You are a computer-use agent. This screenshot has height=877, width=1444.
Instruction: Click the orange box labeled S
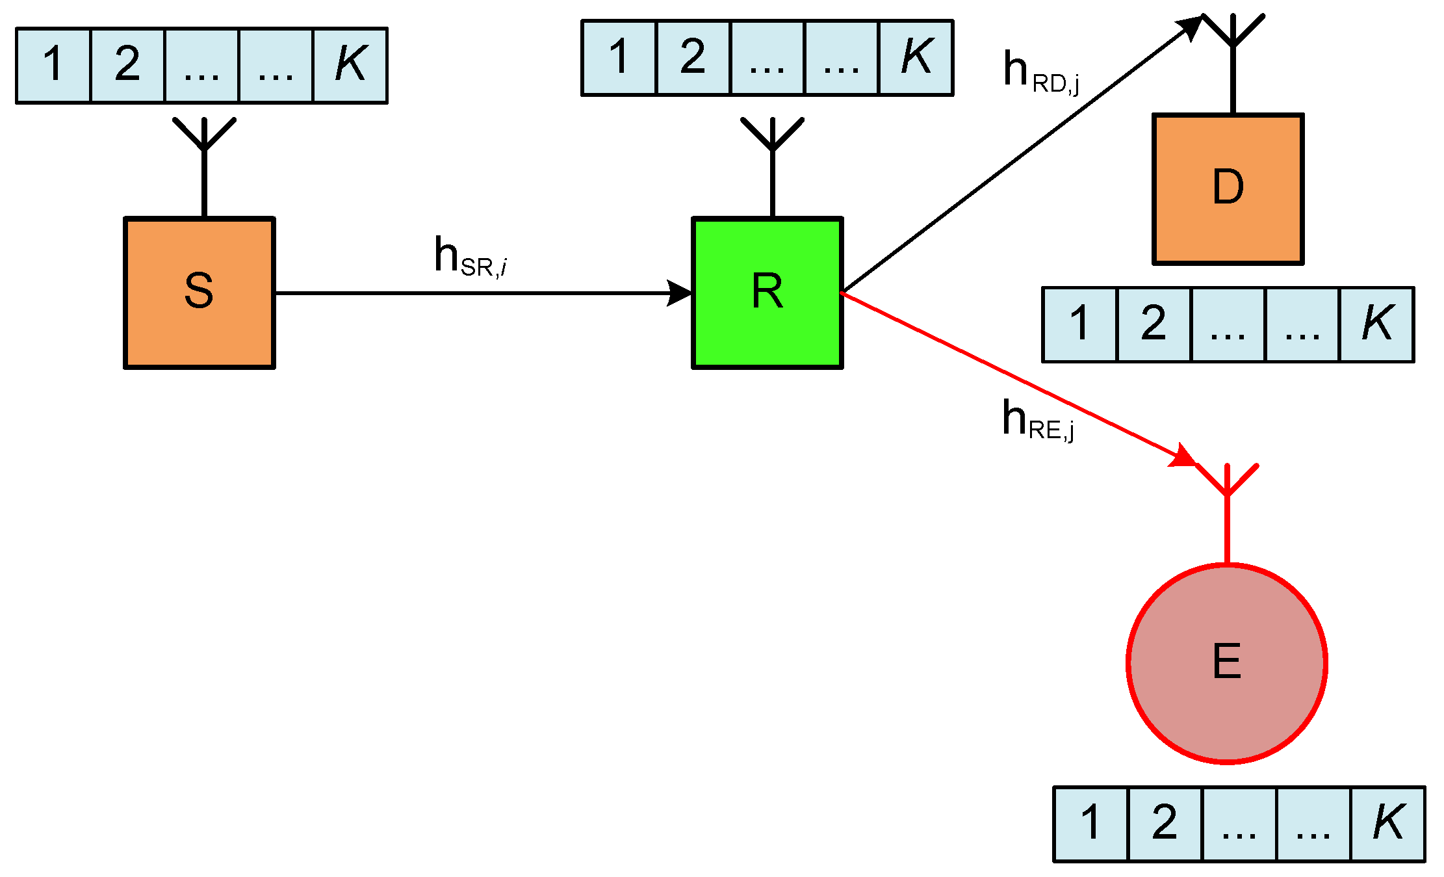click(x=200, y=293)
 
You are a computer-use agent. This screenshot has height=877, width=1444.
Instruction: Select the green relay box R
click(x=767, y=293)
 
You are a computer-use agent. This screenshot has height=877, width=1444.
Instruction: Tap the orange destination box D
click(x=1228, y=189)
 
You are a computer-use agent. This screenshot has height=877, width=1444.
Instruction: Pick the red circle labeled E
click(x=1226, y=664)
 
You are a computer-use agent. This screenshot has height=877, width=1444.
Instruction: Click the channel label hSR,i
click(x=470, y=257)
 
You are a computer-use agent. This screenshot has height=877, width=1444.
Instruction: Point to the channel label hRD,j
click(x=1040, y=72)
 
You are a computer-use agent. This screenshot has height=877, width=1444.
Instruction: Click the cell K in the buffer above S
click(x=350, y=65)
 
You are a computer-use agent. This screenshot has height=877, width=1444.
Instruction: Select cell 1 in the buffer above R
click(x=619, y=57)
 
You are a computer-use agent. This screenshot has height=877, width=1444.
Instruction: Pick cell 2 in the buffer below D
click(x=1154, y=324)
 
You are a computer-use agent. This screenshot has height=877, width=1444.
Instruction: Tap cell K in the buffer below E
click(x=1387, y=824)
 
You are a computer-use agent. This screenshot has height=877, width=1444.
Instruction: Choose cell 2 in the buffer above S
click(x=127, y=65)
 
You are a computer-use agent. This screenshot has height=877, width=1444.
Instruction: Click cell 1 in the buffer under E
click(x=1091, y=824)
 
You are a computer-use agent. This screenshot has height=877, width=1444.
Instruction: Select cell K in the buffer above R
click(x=916, y=57)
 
